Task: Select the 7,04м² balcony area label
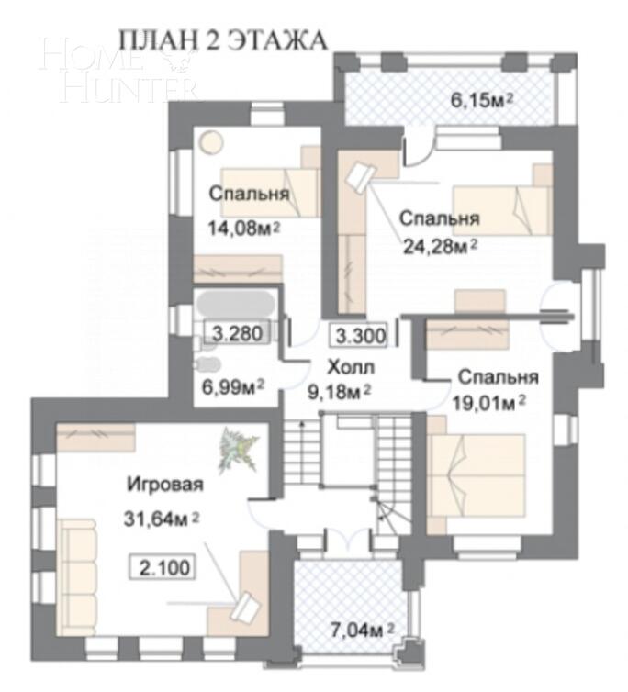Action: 362,630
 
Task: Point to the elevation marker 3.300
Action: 359,335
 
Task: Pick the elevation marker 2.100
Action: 165,568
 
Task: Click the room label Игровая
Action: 164,485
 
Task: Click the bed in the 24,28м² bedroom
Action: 500,209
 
